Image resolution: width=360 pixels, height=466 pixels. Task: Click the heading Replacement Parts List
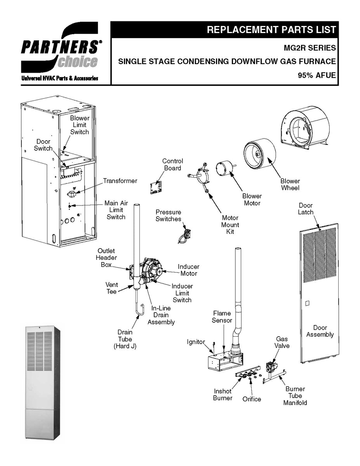tap(271, 30)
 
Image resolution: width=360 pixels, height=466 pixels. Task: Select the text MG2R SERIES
tap(310, 48)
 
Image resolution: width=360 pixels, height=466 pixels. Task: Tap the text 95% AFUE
tap(317, 75)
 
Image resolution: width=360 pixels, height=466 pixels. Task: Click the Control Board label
tap(172, 165)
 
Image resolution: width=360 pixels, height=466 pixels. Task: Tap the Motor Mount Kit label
tap(230, 225)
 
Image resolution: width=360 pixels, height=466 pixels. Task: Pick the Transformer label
tap(120, 181)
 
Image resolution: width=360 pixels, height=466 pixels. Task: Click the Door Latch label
tap(305, 209)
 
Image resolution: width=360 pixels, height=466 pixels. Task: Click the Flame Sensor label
tap(222, 316)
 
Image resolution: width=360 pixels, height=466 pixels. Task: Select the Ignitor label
tap(196, 342)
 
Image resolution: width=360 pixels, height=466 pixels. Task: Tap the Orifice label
tap(252, 399)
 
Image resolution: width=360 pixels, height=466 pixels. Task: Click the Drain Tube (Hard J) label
tap(125, 339)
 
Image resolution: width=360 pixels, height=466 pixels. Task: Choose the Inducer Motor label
tap(188, 270)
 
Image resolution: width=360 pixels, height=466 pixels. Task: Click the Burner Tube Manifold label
tap(295, 396)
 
